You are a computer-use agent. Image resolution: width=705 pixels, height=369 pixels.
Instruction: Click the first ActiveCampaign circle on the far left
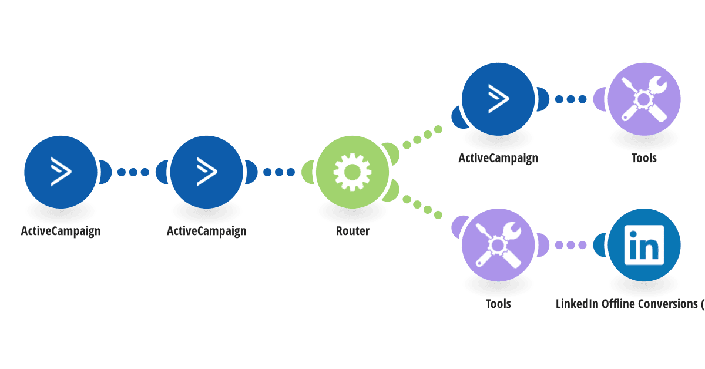61,172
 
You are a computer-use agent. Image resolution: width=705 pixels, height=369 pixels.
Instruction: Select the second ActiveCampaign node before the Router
206,172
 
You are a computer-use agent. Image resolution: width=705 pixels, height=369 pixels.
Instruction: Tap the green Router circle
352,172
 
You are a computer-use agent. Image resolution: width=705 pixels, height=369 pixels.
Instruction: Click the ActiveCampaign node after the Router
498,99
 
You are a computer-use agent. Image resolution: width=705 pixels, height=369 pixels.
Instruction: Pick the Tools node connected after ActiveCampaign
644,99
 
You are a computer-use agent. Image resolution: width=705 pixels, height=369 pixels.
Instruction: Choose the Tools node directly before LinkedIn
498,245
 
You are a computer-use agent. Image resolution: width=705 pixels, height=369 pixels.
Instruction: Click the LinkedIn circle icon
644,245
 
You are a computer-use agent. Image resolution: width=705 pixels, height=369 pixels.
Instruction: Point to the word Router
352,231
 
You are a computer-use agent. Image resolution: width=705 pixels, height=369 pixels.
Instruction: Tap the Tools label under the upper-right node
644,158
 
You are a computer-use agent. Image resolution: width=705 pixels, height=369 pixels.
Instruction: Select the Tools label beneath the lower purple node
498,304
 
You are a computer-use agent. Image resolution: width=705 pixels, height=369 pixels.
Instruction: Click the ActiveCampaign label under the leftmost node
61,232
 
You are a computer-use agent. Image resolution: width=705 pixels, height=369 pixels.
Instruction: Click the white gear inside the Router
352,172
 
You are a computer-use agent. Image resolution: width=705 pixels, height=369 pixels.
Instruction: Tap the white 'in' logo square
644,245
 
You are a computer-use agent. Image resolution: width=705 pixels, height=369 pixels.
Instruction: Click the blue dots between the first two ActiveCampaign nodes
133,172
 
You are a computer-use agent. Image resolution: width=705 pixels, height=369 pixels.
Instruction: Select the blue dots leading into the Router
279,172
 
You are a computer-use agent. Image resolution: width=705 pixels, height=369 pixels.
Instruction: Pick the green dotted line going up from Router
422,137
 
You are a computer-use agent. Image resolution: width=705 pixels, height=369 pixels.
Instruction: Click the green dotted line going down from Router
422,207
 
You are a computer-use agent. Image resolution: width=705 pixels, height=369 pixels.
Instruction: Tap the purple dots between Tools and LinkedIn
570,245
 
